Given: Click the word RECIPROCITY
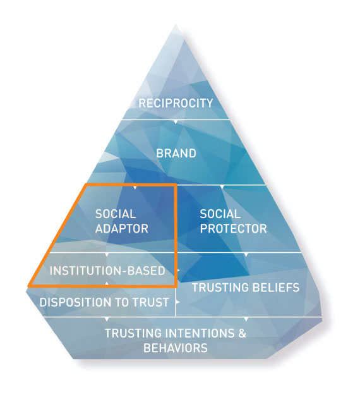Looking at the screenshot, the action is click(176, 103).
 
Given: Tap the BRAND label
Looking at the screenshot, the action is click(176, 154).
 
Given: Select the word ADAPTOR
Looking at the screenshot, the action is click(122, 229).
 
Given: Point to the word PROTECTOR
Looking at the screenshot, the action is click(233, 229).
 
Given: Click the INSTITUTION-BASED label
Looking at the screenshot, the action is click(107, 271).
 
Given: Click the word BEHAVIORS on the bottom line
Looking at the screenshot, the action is click(176, 348).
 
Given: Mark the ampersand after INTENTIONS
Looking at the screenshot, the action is click(242, 333).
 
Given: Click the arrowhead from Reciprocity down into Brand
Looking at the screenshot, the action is click(176, 122).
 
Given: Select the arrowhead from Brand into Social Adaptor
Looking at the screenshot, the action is click(135, 188).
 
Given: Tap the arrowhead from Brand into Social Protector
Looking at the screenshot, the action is click(222, 187).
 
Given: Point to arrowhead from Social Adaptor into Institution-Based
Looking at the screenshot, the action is click(107, 254).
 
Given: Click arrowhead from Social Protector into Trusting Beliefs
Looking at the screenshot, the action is click(246, 254).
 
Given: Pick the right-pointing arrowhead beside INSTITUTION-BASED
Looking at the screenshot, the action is click(178, 271).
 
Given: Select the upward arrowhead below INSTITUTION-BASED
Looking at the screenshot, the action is click(107, 284).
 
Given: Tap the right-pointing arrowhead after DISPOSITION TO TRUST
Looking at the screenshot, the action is click(178, 302).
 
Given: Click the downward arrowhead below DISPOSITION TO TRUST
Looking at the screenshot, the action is click(107, 319).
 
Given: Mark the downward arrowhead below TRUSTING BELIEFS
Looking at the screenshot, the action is click(246, 319).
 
